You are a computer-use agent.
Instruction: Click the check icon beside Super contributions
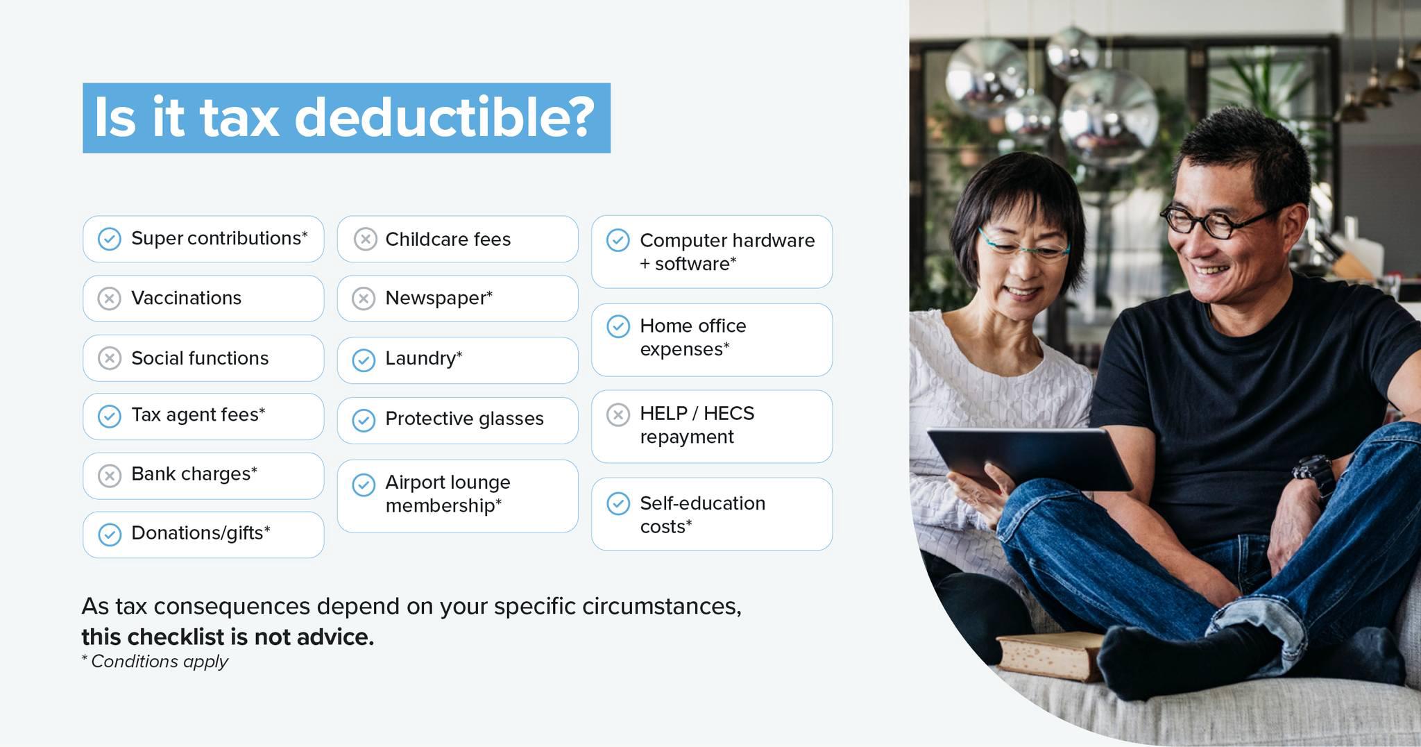coord(109,239)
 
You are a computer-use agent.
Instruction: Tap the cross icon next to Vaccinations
coord(109,299)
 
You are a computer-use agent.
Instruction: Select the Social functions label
coord(200,358)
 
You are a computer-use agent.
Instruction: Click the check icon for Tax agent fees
coord(109,417)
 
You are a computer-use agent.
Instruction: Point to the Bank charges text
coord(194,474)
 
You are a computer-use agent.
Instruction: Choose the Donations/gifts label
coord(201,533)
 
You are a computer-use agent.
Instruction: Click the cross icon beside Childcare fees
coord(365,239)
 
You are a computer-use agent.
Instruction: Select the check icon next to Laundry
coord(364,360)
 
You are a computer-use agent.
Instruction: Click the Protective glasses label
coord(464,419)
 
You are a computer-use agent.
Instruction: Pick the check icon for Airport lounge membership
coord(364,485)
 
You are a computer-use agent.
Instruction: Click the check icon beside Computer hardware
coord(618,240)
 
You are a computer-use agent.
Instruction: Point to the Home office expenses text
coord(692,337)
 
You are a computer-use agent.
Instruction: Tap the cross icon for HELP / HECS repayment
coord(618,414)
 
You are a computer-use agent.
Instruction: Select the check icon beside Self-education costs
coord(618,503)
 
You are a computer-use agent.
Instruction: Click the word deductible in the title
coord(445,117)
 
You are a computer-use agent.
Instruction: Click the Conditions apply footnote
coord(155,662)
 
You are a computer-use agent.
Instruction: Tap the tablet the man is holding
coord(1030,458)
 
